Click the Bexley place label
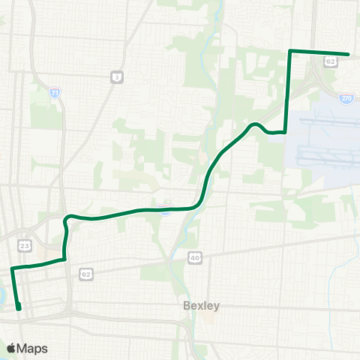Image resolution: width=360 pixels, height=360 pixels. coord(201,306)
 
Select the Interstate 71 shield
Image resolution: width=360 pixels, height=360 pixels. coord(54,93)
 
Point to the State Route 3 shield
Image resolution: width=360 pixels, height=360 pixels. coord(116,76)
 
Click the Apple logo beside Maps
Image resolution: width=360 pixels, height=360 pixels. coord(12,348)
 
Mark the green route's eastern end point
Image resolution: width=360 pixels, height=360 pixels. coord(349,54)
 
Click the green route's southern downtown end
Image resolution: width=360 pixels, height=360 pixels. coord(19,307)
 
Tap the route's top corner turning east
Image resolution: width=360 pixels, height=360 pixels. coord(290,51)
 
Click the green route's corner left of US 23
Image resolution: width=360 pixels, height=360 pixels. coord(13,268)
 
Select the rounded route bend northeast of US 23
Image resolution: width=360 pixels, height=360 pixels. coord(68,218)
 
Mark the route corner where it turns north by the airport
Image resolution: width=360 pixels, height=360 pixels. coord(285,131)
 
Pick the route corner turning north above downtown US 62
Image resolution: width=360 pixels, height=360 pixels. coord(64,259)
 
